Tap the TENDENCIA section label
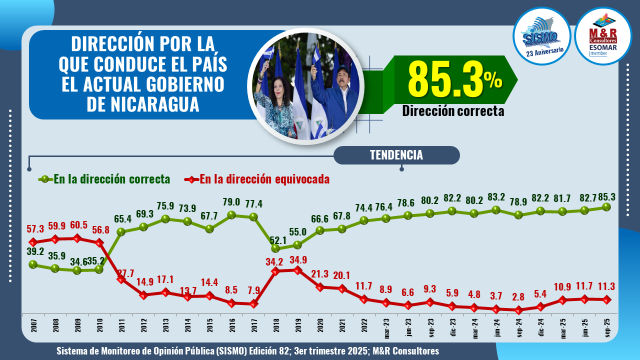tap(396, 155)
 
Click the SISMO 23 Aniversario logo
tap(542, 36)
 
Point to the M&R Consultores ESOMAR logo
tap(603, 36)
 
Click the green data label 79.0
tap(231, 202)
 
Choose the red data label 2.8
tap(517, 296)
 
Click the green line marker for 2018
tap(275, 248)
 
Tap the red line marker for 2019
tap(297, 270)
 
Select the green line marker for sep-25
tap(607, 206)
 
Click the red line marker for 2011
tap(121, 279)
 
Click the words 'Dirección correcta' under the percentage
tap(453, 111)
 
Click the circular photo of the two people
tap(305, 86)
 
